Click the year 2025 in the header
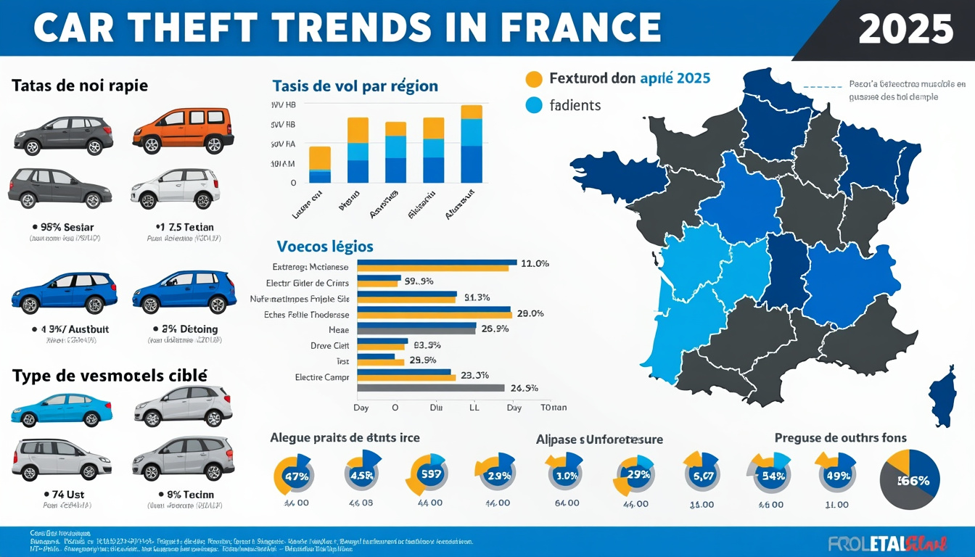(x=905, y=29)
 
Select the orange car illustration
(x=183, y=131)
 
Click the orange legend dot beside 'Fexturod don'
(x=533, y=79)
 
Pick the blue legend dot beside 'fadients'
(x=533, y=105)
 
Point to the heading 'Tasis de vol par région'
(x=355, y=86)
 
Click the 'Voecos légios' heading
(x=324, y=247)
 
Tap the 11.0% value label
(x=535, y=264)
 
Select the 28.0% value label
(x=530, y=314)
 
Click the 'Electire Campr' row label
(x=322, y=377)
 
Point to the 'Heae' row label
(x=338, y=329)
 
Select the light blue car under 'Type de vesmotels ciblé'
(x=57, y=410)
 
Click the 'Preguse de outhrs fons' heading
(x=840, y=437)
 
